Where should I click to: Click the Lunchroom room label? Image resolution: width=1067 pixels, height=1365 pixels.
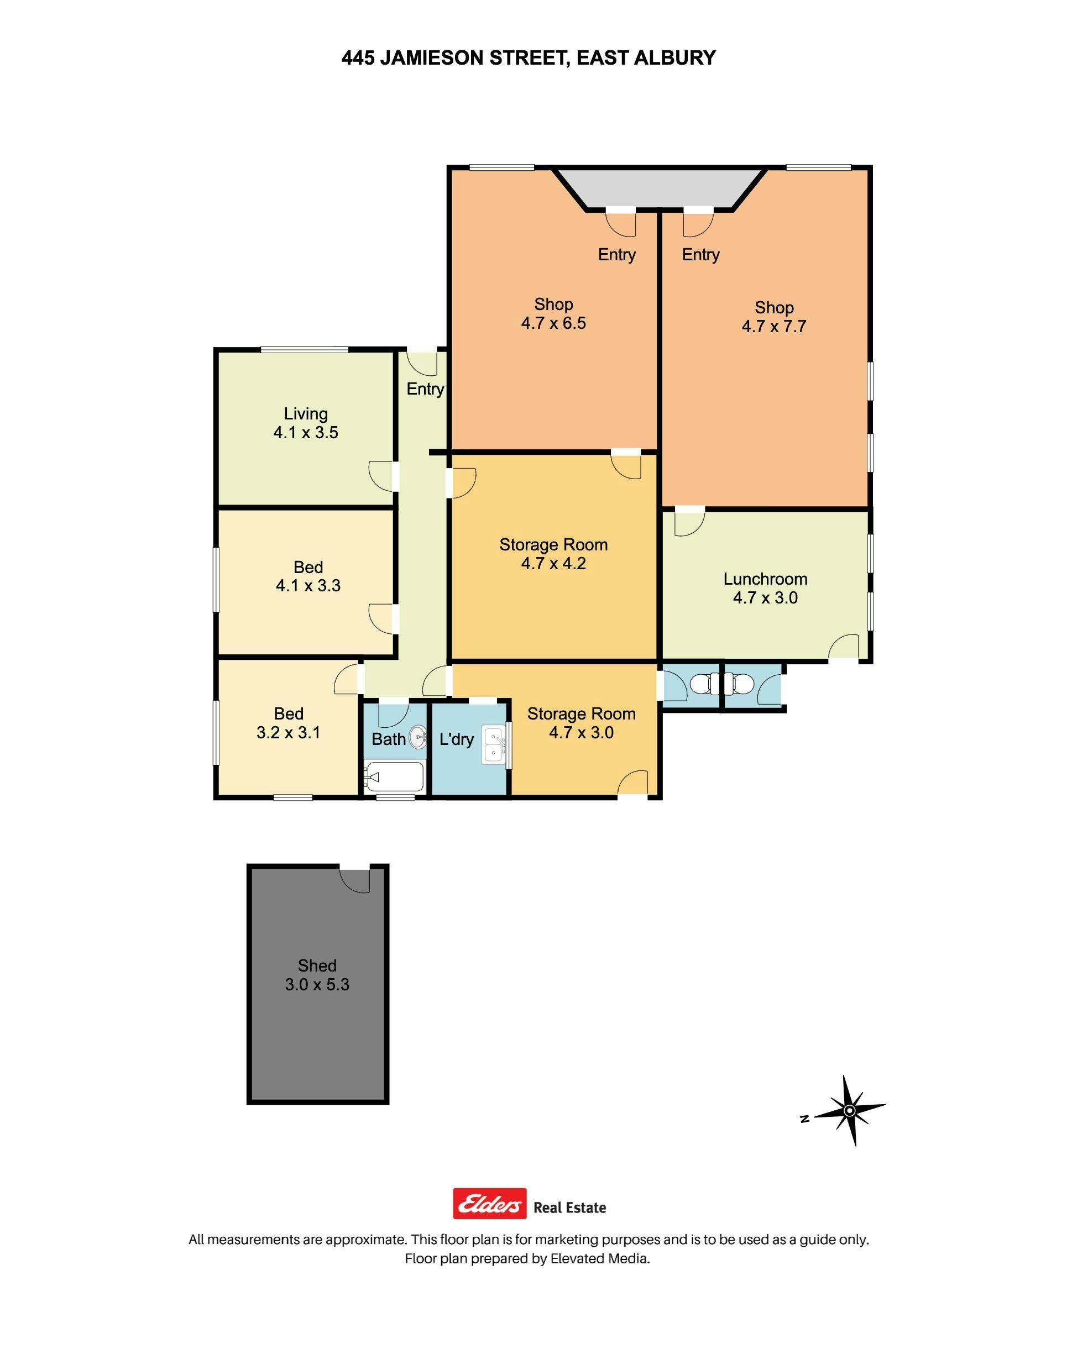pos(765,579)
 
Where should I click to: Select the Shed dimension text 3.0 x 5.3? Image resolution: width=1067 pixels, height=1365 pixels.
pos(317,984)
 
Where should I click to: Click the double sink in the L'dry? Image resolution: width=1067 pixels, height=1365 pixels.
pos(494,745)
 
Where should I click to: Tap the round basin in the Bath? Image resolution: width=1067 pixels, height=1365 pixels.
pos(417,738)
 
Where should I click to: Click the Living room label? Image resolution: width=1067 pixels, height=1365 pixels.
pos(306,414)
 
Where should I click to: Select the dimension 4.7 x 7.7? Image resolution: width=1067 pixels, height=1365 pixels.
pos(774,326)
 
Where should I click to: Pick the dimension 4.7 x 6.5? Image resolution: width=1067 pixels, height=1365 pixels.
pos(553,323)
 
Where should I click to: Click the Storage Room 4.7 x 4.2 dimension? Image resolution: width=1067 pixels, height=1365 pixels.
pos(553,563)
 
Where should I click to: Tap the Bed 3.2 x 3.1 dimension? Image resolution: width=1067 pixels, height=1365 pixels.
pos(288,732)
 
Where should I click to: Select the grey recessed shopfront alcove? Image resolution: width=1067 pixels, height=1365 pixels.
pos(660,187)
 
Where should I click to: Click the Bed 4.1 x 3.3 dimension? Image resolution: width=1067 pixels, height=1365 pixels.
pos(308,586)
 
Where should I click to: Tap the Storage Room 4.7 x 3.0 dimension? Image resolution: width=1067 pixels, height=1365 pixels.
pos(581,732)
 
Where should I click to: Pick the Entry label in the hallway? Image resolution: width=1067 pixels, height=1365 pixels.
pos(425,390)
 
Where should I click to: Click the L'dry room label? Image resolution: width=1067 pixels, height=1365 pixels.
pos(456,739)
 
